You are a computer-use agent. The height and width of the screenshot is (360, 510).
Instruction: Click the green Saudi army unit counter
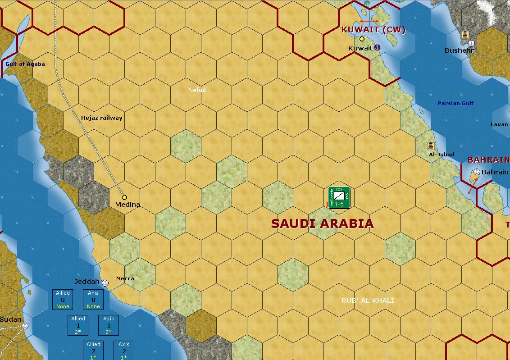pos(339,198)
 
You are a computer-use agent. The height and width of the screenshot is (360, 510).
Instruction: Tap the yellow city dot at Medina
pos(124,197)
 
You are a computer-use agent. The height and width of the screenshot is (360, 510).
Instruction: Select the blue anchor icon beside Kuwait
pos(378,47)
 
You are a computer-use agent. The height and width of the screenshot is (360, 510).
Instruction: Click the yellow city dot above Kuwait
pos(362,39)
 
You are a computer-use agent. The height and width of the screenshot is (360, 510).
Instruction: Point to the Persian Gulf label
pos(455,103)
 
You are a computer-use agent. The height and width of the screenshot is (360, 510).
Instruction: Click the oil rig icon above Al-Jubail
pos(431,146)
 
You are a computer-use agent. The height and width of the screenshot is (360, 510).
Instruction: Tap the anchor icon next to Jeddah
pos(105,283)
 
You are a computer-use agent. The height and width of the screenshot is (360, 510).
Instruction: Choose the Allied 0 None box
pos(63,300)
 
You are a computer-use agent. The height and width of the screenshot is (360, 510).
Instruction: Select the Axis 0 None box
pos(93,300)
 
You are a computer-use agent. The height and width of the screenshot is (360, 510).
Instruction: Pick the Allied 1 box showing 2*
pos(78,325)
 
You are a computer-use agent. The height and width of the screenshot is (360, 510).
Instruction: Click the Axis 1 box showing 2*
pos(109,325)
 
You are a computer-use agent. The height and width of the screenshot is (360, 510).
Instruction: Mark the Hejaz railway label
pos(101,118)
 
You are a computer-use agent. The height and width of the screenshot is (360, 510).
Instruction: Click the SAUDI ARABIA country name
pos(322,223)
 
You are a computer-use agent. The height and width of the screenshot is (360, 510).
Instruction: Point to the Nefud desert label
pos(197,90)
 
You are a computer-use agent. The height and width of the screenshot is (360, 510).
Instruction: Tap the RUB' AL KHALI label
pos(368,301)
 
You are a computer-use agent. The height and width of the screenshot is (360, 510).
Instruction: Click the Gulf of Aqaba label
pos(25,64)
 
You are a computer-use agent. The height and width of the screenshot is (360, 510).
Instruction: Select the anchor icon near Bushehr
pos(471,44)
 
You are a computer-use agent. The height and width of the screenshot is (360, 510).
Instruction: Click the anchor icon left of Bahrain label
pos(477,172)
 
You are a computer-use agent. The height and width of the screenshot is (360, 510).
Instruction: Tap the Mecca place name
pos(125,278)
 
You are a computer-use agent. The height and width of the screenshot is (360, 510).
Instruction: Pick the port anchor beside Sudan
pos(25,325)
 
